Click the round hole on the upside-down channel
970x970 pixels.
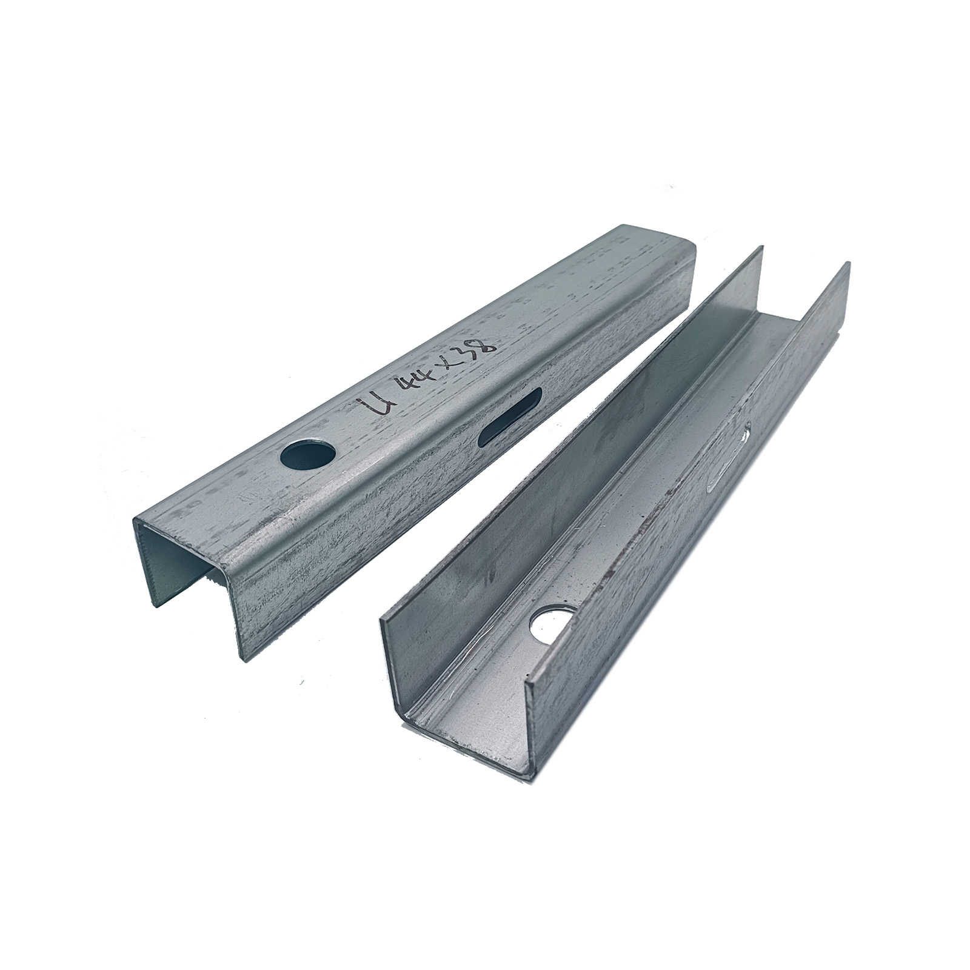pos(309,452)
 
